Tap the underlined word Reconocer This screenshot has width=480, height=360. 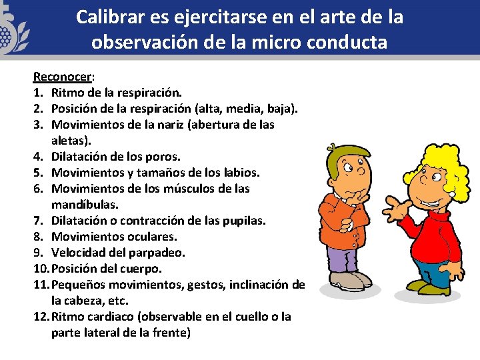coord(57,76)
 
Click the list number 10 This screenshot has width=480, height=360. coord(41,269)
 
